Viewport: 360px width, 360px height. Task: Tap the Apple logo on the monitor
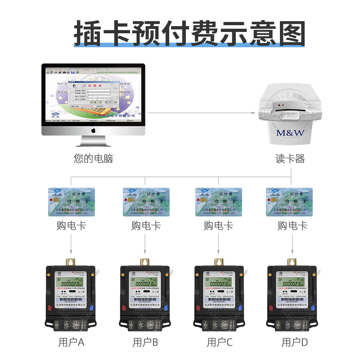[x=94, y=130]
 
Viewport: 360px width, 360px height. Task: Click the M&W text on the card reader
[x=290, y=133]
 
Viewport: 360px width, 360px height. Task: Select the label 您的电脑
[x=93, y=158]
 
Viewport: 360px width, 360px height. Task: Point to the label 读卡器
[x=290, y=159]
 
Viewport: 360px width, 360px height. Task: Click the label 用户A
[x=72, y=342]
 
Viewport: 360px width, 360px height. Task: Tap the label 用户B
[x=145, y=342]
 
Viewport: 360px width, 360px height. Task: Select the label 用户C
[x=220, y=342]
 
